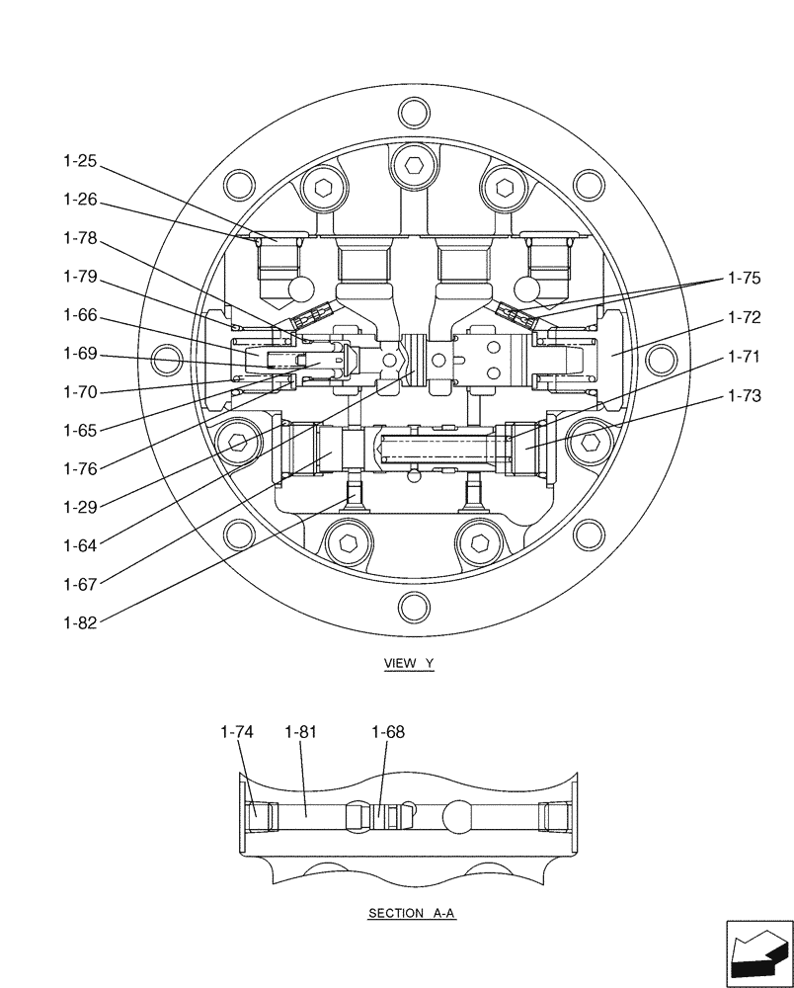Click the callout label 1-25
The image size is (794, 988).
point(81,161)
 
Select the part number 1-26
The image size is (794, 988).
point(81,200)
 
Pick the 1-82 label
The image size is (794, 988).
point(81,621)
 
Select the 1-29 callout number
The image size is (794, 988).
point(81,507)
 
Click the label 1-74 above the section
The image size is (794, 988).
point(238,732)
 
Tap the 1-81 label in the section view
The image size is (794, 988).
point(300,732)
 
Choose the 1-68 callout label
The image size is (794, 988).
point(388,732)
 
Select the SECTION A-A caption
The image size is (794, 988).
point(412,914)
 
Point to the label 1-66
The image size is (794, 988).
point(81,314)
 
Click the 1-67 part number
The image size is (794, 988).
point(81,584)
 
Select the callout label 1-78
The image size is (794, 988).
point(81,238)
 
